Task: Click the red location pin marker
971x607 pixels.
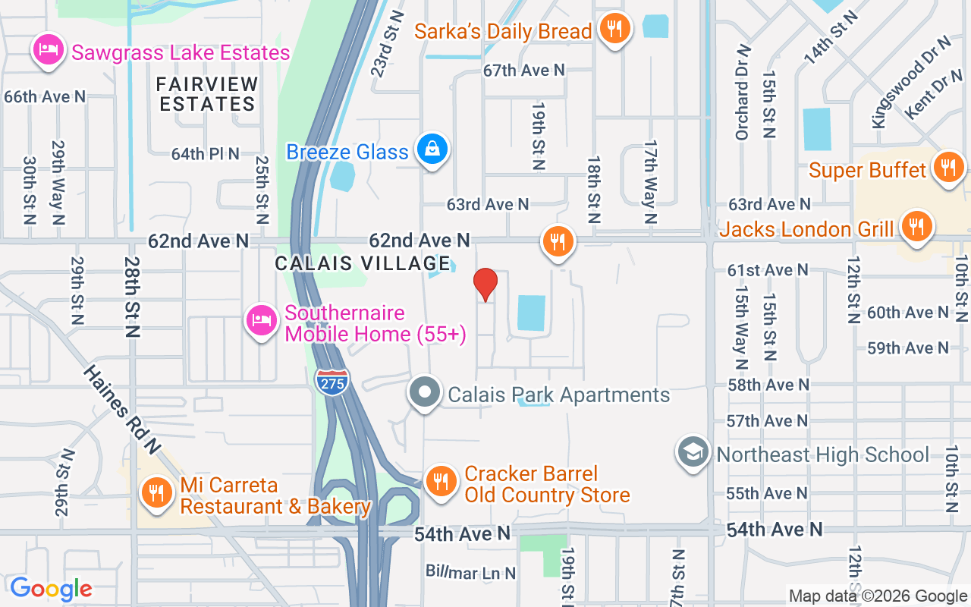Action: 485,285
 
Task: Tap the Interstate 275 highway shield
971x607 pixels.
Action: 333,381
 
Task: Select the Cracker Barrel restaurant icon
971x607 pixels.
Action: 439,481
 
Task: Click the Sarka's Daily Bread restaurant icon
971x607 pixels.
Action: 613,29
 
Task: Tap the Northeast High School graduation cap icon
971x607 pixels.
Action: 693,453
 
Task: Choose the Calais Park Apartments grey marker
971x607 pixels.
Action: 425,393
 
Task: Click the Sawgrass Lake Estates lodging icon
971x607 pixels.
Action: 49,51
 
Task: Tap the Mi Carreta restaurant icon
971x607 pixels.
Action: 156,493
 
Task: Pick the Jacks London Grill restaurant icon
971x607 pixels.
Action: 916,226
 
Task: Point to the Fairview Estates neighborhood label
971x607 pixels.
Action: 208,94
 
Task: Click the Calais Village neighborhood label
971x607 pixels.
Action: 363,263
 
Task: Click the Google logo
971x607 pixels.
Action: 52,589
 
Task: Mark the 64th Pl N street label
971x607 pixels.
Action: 205,154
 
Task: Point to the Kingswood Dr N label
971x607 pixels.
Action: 910,81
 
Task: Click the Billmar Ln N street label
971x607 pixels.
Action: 470,573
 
